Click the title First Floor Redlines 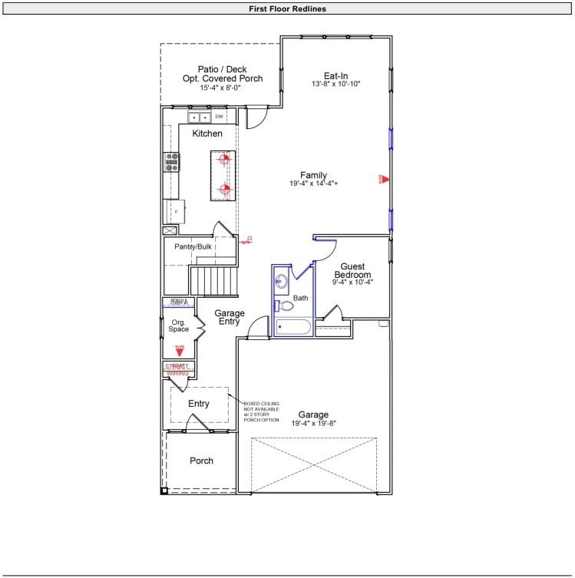[x=287, y=9]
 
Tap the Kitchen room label [x=207, y=134]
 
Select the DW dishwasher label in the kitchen [x=219, y=117]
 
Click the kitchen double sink [x=200, y=117]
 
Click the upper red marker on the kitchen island [x=224, y=160]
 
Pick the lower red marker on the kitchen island [x=224, y=189]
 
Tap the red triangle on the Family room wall [x=385, y=180]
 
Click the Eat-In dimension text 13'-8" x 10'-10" [x=336, y=84]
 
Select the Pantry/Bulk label [x=193, y=246]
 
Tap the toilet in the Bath [x=285, y=306]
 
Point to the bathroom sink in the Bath [x=280, y=281]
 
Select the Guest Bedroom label [x=352, y=270]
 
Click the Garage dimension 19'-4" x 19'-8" [x=313, y=423]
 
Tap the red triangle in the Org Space [x=180, y=351]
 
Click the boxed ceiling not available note [x=262, y=411]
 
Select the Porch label [x=201, y=461]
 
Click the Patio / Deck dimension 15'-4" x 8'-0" [x=222, y=88]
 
